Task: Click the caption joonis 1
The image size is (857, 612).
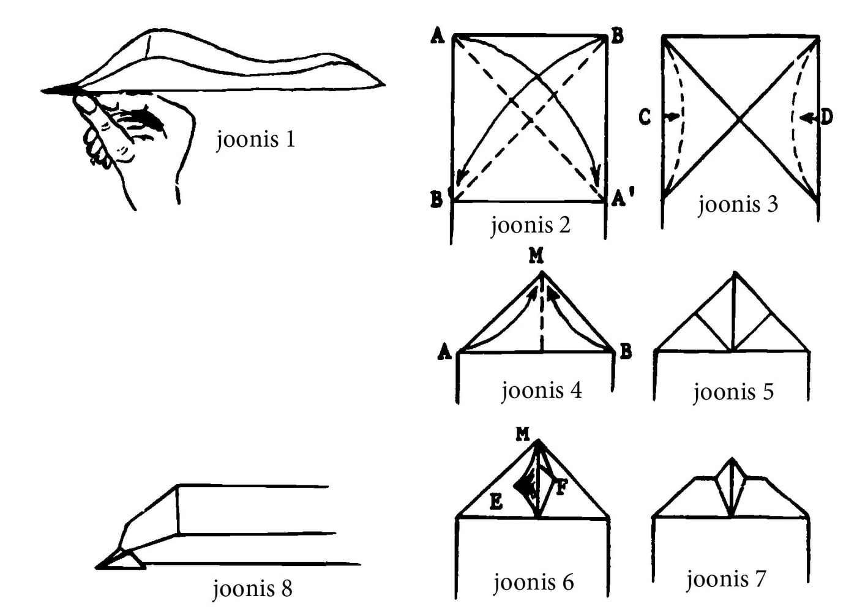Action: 256,140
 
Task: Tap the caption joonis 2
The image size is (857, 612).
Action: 530,225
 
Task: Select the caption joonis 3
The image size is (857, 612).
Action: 738,204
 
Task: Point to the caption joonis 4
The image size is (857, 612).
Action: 541,390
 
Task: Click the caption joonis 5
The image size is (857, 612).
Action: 733,392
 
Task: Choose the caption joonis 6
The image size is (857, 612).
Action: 533,582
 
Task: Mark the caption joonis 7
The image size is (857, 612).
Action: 725,579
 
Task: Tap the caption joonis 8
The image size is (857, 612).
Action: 252,589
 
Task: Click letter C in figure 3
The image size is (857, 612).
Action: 645,116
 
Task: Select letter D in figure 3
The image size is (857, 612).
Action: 826,116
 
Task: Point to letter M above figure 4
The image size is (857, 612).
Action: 536,255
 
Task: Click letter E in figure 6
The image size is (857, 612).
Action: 496,502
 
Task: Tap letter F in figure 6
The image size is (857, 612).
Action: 561,488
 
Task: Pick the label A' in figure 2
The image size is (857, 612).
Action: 623,198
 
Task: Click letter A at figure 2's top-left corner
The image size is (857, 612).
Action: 437,36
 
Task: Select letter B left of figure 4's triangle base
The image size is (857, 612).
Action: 625,351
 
